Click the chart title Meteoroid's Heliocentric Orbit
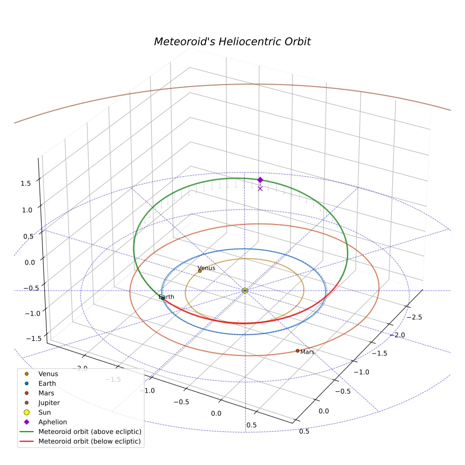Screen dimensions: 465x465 click(232, 42)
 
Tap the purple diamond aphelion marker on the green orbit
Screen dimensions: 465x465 click(260, 180)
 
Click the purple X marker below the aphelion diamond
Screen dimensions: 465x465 click(260, 189)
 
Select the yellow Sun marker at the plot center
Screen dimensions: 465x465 click(245, 291)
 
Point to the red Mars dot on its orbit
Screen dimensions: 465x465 click(297, 351)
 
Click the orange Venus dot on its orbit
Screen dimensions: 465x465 click(199, 271)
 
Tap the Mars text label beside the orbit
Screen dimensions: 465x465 click(307, 352)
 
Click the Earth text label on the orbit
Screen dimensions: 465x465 click(166, 297)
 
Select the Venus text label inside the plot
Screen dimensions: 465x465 click(207, 268)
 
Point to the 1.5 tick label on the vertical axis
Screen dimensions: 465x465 click(26, 183)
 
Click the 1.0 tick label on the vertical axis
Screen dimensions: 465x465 click(27, 210)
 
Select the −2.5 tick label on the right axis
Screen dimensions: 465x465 click(414, 317)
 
